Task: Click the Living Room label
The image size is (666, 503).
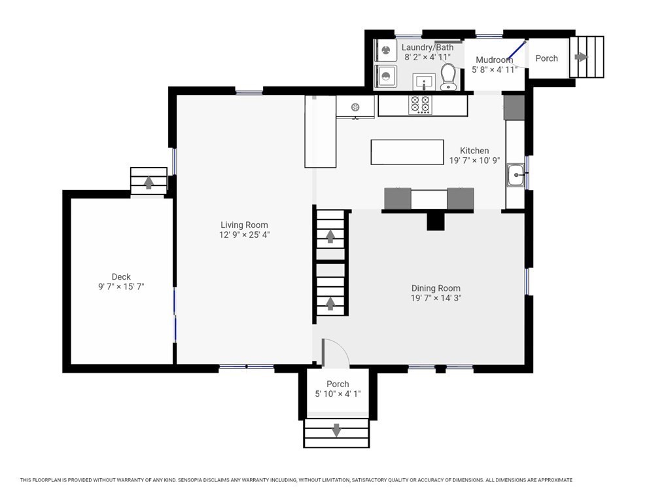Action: pos(244,225)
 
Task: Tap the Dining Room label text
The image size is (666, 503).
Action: pos(436,288)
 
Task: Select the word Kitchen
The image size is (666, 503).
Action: pos(474,151)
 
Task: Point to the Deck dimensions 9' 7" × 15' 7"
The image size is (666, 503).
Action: pos(121,287)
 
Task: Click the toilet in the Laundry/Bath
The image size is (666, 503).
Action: pos(448,77)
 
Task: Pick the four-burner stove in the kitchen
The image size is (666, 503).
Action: pos(420,104)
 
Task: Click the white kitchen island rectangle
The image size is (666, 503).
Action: pos(408,152)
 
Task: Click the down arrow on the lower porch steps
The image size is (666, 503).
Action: pos(336,430)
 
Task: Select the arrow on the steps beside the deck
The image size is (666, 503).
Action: pos(149,182)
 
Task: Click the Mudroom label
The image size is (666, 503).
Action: pos(494,60)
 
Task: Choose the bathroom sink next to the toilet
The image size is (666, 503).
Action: pos(424,81)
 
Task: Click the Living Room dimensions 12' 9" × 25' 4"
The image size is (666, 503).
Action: pos(244,234)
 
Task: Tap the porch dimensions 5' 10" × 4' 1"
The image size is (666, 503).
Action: pos(338,394)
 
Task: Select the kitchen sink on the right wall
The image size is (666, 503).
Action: pos(516,175)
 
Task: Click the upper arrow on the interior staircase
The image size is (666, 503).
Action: pos(330,236)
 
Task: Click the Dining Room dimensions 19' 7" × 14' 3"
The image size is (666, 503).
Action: pos(436,297)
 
